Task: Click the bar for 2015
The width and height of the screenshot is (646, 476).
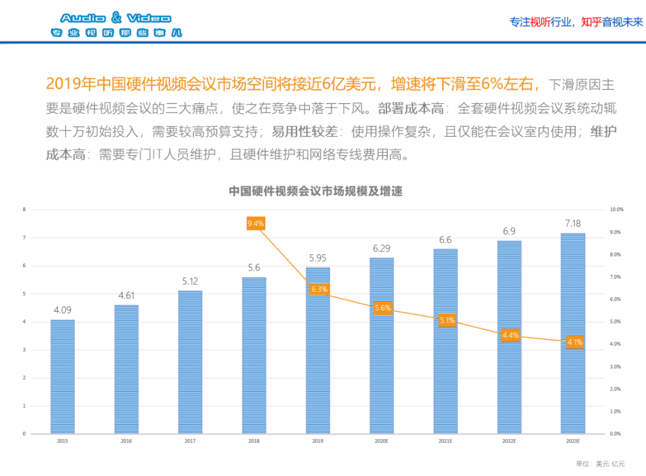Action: coord(63,376)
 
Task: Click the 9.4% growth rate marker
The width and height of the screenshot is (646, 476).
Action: coord(255,224)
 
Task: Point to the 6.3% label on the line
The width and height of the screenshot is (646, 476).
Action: coord(319,289)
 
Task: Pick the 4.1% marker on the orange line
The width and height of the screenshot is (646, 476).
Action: coord(575,342)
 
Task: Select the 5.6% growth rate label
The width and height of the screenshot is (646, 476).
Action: coord(383,308)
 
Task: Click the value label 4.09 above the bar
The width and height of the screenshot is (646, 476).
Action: coord(63,310)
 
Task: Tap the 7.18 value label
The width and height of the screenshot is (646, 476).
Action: coord(573,223)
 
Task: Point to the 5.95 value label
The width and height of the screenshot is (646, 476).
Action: coord(318,258)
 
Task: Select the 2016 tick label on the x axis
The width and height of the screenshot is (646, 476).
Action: coord(127,441)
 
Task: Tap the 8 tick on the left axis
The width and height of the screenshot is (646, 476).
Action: coord(24,210)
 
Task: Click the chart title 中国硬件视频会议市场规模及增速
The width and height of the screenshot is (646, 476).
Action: coord(315,191)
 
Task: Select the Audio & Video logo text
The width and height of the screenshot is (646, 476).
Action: coord(115,19)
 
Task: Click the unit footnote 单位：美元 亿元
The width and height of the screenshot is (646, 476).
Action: coord(600,463)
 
